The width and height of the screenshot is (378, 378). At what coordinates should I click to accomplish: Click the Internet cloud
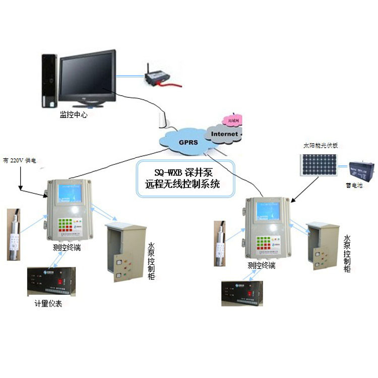(x=224, y=134)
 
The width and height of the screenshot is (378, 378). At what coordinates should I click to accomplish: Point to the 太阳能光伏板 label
(x=320, y=145)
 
